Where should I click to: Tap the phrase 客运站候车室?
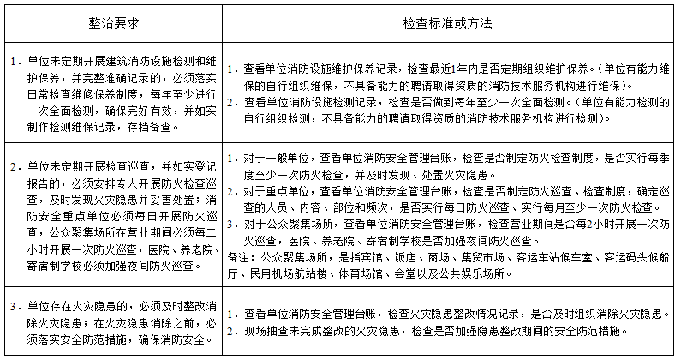[x=540, y=256]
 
